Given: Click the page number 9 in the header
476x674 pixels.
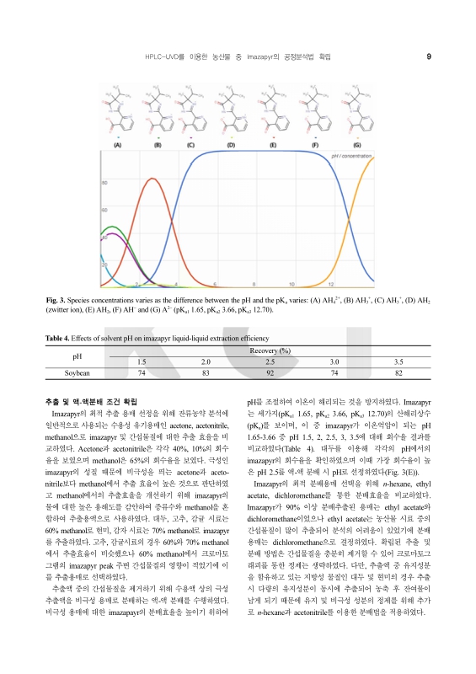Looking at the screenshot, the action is point(429,56).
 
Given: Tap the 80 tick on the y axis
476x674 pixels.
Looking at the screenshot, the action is point(104,182).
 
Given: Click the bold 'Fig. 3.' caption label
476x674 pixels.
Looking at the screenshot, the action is point(56,301).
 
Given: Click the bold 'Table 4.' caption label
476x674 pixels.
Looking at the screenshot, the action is point(58,337).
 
